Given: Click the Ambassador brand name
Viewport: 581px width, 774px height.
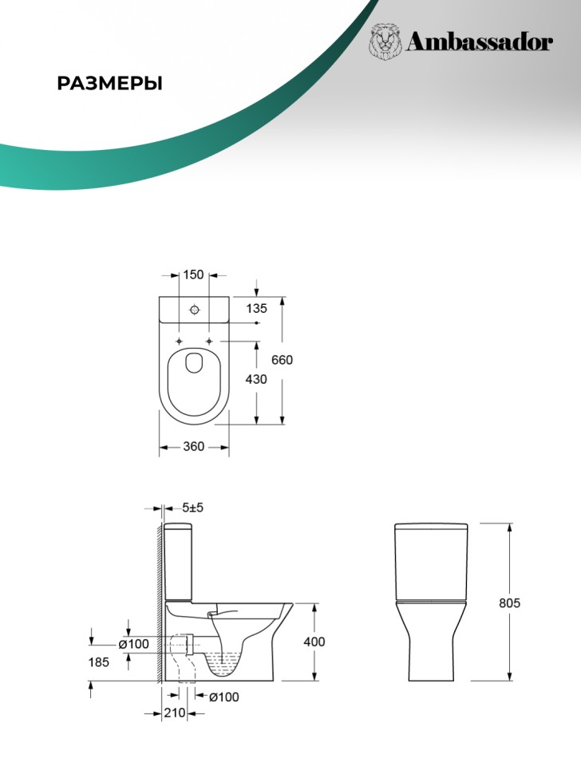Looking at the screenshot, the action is (x=479, y=42).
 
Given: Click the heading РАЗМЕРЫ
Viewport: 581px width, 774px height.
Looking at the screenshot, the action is (x=109, y=84).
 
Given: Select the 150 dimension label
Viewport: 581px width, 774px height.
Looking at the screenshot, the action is (x=193, y=274).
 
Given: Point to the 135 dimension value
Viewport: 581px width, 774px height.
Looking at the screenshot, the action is (x=256, y=309).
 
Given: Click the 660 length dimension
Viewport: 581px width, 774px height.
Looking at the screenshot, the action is (x=282, y=360).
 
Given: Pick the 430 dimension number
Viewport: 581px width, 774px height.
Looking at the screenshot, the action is (x=256, y=379).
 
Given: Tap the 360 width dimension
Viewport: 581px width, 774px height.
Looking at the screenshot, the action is (x=193, y=446).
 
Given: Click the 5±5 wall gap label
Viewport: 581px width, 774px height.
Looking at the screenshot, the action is (x=192, y=507).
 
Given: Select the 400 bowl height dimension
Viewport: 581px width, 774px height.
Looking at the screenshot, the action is (x=314, y=642).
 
